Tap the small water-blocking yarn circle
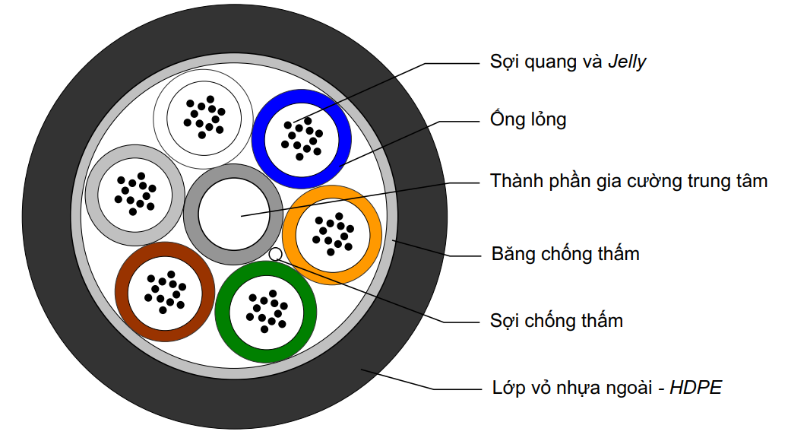pyautogui.click(x=276, y=253)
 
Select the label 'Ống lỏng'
pyautogui.click(x=527, y=120)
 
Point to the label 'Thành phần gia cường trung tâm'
pyautogui.click(x=628, y=181)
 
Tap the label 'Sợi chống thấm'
pyautogui.click(x=556, y=321)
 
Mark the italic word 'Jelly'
pyautogui.click(x=627, y=62)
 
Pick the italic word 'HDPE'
pyautogui.click(x=695, y=389)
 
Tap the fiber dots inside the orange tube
pyautogui.click(x=332, y=233)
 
